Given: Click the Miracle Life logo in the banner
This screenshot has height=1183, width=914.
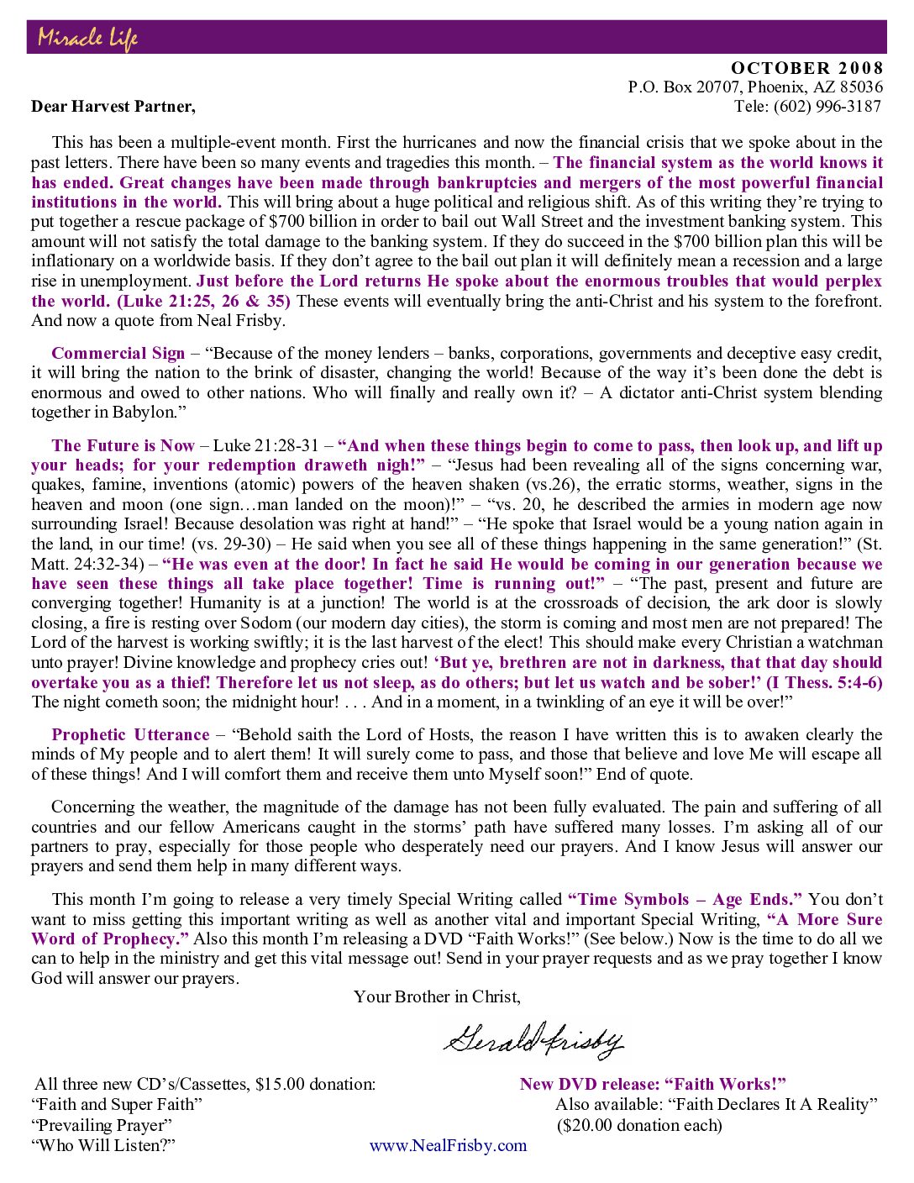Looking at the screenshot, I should (x=87, y=38).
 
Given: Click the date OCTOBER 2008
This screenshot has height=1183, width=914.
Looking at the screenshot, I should (x=806, y=68).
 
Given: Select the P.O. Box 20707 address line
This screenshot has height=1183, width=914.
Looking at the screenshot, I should (x=755, y=87).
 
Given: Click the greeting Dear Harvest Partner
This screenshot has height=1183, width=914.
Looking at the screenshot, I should (x=113, y=106).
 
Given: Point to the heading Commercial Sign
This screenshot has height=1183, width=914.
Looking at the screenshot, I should (x=118, y=353).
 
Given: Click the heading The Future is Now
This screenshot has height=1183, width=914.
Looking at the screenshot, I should (x=123, y=445).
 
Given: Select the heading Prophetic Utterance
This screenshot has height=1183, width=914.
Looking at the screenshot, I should (x=130, y=734).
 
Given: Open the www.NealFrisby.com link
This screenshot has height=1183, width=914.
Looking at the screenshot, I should (x=448, y=1145).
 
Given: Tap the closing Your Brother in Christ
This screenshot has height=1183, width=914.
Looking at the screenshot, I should (x=437, y=996).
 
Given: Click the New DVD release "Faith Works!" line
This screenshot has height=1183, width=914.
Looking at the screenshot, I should (x=653, y=1084).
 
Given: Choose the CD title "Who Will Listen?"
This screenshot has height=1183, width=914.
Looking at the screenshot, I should (x=103, y=1145).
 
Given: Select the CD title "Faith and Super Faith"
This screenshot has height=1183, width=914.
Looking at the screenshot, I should (x=117, y=1104).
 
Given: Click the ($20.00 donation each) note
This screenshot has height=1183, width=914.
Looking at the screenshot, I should (x=639, y=1125).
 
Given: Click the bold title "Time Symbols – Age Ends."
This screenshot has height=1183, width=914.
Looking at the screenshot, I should (x=685, y=899).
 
